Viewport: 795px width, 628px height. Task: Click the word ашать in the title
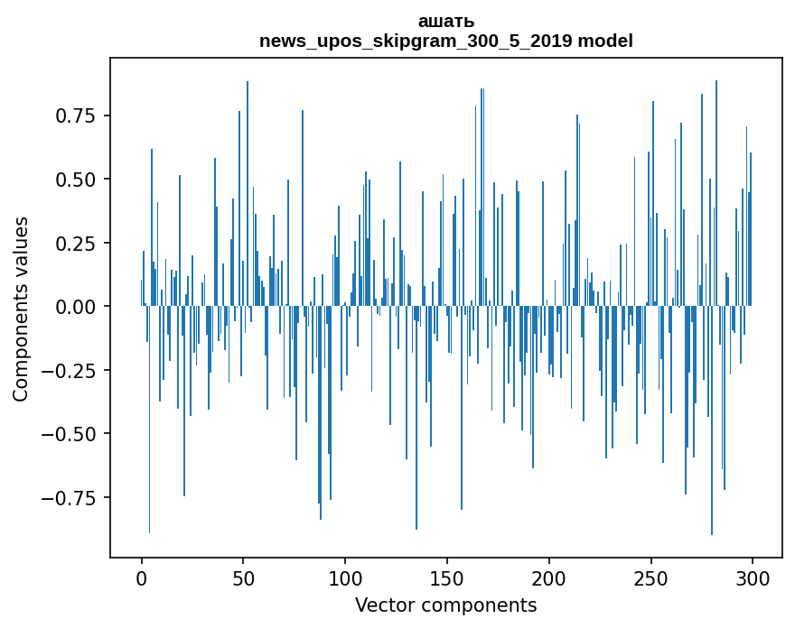point(445,22)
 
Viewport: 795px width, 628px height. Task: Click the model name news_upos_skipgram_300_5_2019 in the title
point(416,41)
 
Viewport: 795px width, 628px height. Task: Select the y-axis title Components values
point(21,309)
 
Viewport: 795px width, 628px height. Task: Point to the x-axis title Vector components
point(445,605)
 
